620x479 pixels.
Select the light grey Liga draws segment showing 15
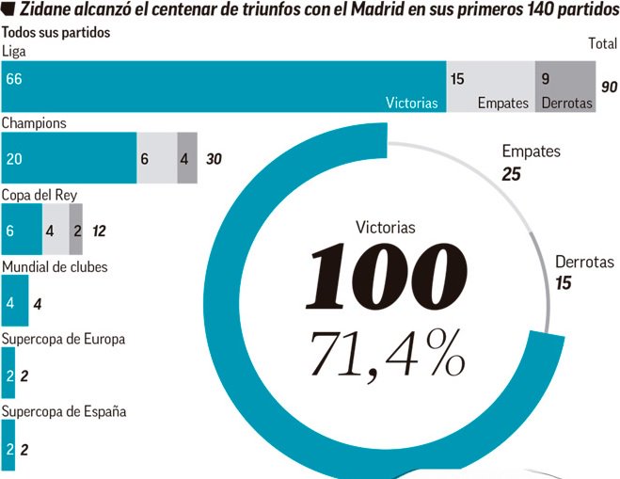coord(490,87)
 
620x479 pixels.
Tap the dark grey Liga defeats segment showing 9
coord(565,87)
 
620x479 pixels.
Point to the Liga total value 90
coord(609,87)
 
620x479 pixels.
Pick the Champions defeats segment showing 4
coord(186,158)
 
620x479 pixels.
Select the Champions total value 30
coord(214,159)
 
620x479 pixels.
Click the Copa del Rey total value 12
coord(99,231)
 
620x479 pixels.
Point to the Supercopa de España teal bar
coord(8,448)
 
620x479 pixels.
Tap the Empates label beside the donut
coord(531,152)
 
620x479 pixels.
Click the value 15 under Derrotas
coord(564,282)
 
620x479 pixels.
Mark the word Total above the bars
coord(602,43)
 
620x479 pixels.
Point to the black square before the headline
coord(9,11)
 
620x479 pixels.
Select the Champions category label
coord(34,122)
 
